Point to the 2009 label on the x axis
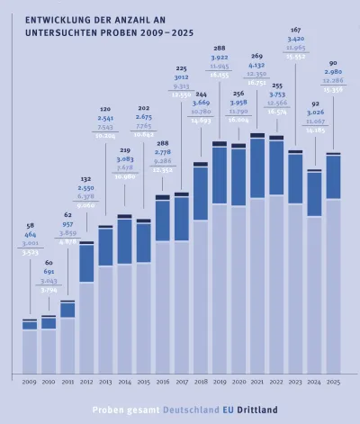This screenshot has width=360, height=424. click(x=30, y=383)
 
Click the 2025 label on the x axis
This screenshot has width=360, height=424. click(x=333, y=383)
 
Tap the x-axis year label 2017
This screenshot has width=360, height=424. click(x=182, y=383)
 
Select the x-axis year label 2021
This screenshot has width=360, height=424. click(x=257, y=383)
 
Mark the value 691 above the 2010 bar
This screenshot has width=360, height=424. click(x=49, y=271)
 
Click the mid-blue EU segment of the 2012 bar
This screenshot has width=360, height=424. click(x=86, y=263)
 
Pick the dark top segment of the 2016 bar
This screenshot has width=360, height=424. click(x=162, y=196)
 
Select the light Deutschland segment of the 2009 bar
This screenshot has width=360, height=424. click(x=30, y=351)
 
